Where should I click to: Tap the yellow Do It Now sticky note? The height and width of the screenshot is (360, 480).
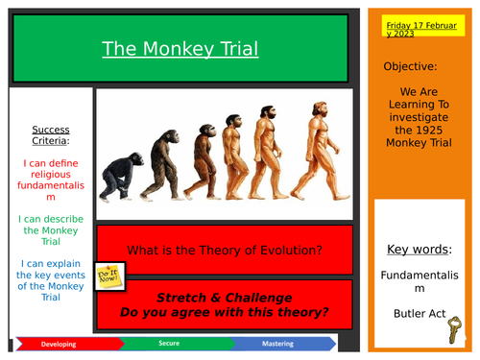[x=111, y=278]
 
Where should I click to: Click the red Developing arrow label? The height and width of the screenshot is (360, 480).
[x=58, y=342]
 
